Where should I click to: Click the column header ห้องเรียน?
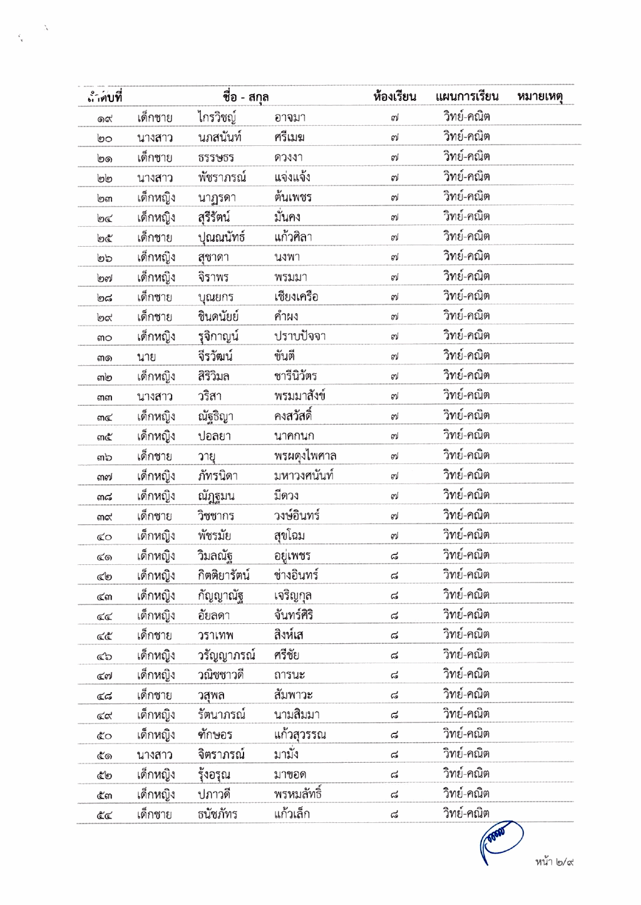tap(394, 96)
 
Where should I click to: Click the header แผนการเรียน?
tap(467, 96)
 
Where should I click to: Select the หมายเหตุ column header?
tap(540, 96)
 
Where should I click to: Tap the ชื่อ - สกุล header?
tap(245, 96)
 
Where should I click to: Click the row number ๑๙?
tap(105, 118)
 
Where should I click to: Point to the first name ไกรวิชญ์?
tap(217, 117)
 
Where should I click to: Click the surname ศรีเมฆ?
tap(289, 137)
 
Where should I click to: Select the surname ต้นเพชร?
tap(293, 197)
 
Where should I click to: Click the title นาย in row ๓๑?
tap(146, 357)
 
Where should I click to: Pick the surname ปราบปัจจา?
tap(300, 336)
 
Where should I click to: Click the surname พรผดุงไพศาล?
tap(305, 456)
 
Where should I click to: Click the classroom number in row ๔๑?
tap(394, 556)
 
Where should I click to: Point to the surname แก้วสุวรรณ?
tap(300, 735)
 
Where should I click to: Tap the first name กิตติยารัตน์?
tap(223, 576)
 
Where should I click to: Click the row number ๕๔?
tap(105, 815)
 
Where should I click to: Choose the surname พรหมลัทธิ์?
tap(298, 794)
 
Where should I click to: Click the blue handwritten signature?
tap(501, 839)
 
